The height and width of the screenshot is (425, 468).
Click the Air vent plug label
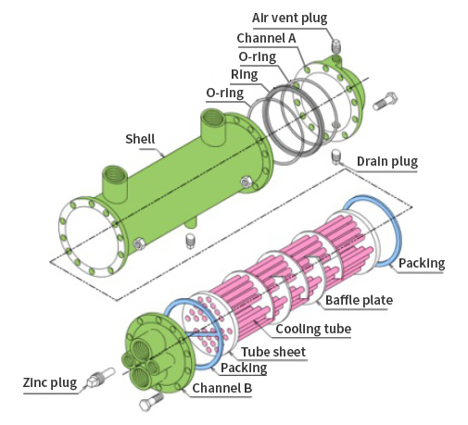click(289, 19)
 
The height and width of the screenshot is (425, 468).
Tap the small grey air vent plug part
click(335, 46)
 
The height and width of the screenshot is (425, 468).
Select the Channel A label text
click(266, 38)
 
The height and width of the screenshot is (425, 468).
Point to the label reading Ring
click(244, 75)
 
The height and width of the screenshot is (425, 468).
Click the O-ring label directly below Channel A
click(258, 56)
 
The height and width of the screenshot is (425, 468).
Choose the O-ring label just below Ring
click(225, 93)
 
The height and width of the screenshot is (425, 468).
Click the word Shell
click(140, 139)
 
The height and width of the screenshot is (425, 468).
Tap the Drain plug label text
click(387, 161)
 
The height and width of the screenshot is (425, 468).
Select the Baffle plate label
click(359, 300)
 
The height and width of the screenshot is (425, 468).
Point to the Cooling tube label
click(313, 329)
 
